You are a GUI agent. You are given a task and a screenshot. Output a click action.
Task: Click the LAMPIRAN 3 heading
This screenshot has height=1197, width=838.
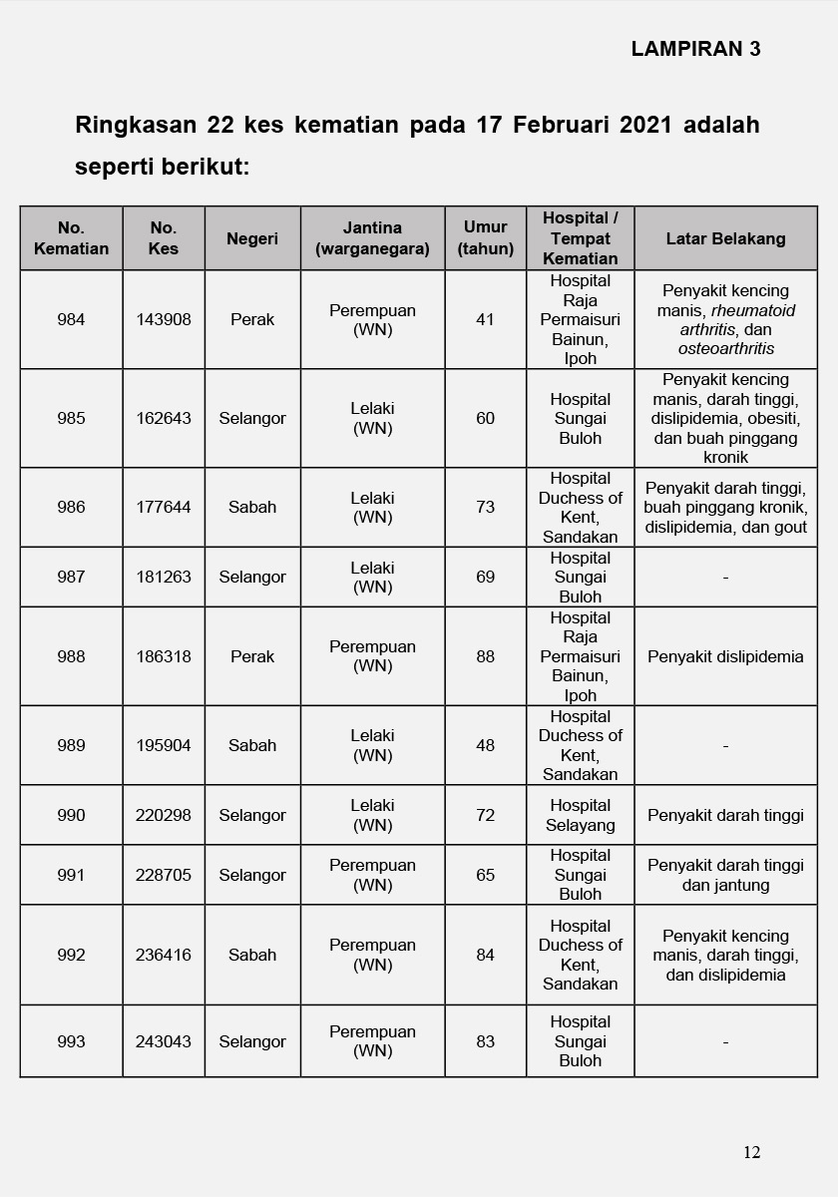[x=695, y=49]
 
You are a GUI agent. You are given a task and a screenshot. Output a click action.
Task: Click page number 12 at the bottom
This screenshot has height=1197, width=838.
[x=751, y=1152]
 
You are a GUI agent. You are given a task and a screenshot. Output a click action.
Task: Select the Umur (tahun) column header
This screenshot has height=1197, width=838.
[x=486, y=237]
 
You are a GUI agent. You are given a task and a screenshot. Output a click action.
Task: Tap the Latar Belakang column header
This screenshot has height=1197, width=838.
[x=725, y=238]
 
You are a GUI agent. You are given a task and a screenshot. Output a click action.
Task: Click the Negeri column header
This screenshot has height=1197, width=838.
[x=252, y=238]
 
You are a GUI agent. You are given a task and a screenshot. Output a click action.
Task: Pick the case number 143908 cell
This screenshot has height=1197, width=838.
[x=164, y=320]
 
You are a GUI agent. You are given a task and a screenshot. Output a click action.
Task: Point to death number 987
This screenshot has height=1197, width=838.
[x=71, y=577]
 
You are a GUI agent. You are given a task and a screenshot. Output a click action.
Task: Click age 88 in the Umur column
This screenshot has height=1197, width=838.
[x=486, y=656]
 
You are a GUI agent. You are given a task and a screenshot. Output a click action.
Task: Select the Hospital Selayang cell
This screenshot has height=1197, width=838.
[x=580, y=815]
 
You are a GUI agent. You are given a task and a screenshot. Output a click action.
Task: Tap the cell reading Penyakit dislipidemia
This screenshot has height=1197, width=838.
[x=725, y=656]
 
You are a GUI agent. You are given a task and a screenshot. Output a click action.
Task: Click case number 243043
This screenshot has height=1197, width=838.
[x=164, y=1041]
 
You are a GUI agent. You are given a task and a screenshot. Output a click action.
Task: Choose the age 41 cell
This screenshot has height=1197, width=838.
[x=486, y=320]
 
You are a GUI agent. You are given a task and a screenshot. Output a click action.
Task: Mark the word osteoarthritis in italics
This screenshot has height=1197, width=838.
[x=725, y=348]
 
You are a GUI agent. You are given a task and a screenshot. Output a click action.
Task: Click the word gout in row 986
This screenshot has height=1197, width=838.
[x=788, y=527]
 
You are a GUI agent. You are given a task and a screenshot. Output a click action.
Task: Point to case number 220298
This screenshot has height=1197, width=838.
[x=164, y=815]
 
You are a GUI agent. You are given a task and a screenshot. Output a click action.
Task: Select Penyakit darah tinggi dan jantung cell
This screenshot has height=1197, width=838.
[x=725, y=875]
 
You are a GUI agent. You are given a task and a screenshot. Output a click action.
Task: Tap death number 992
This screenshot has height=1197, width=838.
[x=71, y=955]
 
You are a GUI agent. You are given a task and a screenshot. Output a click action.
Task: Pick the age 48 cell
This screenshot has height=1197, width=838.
[x=486, y=745]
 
